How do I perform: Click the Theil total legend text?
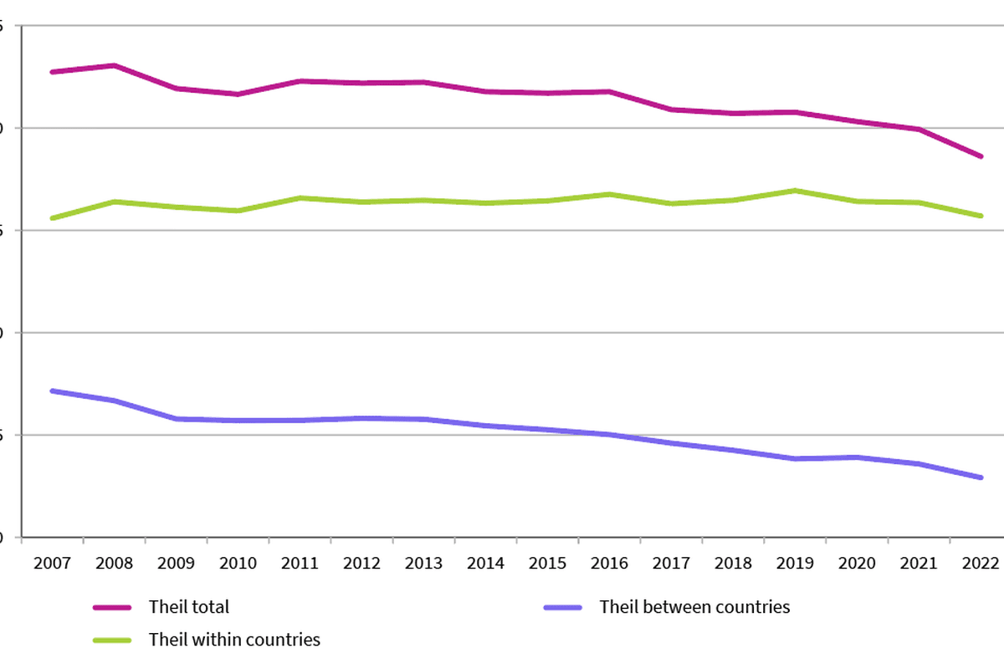(x=188, y=607)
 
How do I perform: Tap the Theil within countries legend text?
(x=234, y=640)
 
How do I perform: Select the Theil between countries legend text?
(x=694, y=607)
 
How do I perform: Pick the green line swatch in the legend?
(x=112, y=641)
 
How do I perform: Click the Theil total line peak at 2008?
(x=114, y=65)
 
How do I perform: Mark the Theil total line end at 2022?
(x=981, y=156)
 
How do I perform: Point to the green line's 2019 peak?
(x=795, y=191)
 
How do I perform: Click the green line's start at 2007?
(x=52, y=218)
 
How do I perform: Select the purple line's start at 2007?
(x=52, y=391)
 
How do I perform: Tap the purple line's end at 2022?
(x=981, y=477)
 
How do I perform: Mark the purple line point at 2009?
(x=176, y=419)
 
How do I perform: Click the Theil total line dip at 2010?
(x=238, y=94)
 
